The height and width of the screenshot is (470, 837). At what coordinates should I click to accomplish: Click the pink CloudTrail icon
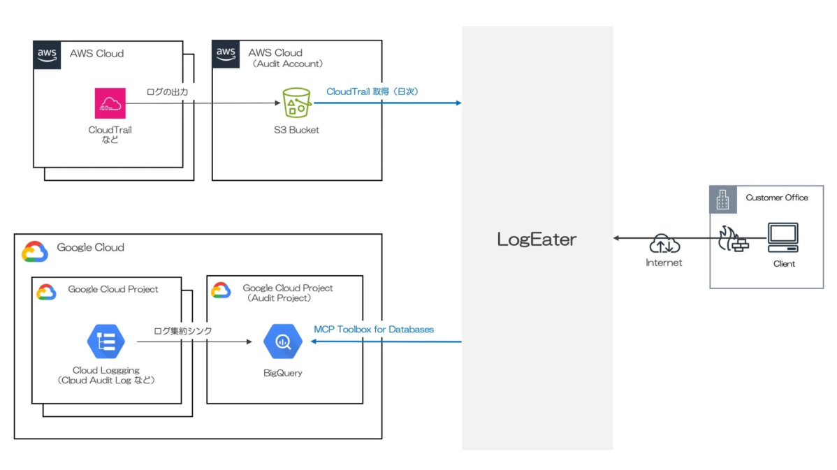click(x=110, y=103)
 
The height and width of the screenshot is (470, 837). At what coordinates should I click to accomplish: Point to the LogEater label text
click(x=537, y=240)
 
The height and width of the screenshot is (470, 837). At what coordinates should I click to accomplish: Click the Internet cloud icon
click(x=663, y=244)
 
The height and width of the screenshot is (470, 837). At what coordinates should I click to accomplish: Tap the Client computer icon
click(x=783, y=238)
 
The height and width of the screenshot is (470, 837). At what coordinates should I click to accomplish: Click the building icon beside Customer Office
click(x=722, y=200)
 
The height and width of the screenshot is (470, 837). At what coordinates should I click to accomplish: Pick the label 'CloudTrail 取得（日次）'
click(x=372, y=91)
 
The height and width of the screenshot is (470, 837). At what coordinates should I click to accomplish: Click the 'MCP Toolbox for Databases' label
click(x=374, y=329)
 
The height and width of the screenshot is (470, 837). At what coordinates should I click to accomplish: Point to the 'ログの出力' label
click(x=167, y=92)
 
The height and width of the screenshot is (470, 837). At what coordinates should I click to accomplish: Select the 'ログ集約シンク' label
click(x=183, y=330)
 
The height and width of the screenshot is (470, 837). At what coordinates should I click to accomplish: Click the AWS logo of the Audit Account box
click(x=226, y=54)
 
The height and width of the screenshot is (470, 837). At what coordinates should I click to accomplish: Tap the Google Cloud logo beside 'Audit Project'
click(x=221, y=291)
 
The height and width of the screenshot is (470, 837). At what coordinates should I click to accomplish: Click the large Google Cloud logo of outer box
click(x=35, y=251)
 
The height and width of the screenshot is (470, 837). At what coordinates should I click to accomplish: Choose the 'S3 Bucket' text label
click(x=296, y=130)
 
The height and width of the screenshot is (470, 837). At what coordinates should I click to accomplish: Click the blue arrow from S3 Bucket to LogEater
click(x=388, y=103)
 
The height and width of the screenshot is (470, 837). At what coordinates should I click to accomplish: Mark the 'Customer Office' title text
click(x=776, y=198)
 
